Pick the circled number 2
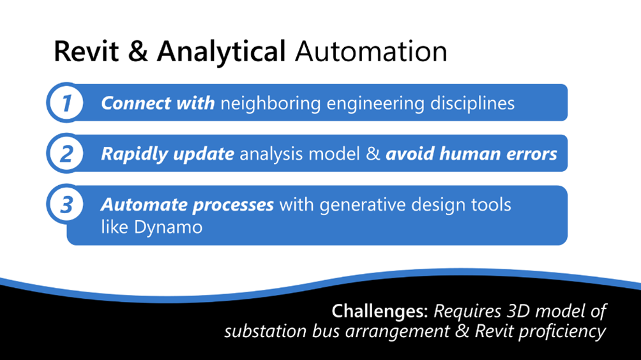pyautogui.click(x=66, y=154)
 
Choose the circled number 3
pyautogui.click(x=66, y=205)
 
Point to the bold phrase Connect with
pyautogui.click(x=158, y=103)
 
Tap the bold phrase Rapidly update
pyautogui.click(x=167, y=154)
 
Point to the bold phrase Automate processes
pyautogui.click(x=187, y=205)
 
